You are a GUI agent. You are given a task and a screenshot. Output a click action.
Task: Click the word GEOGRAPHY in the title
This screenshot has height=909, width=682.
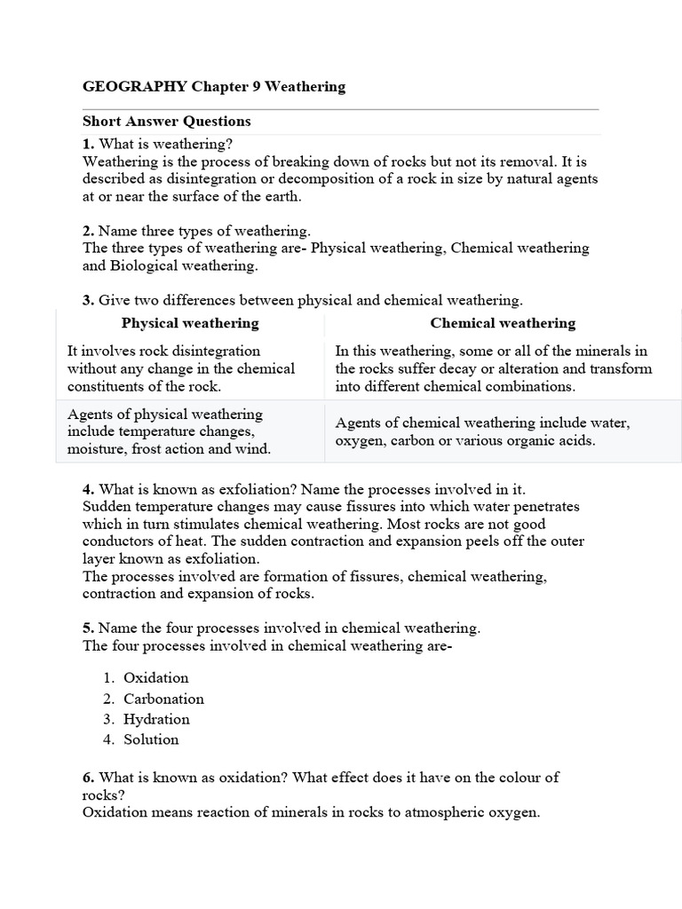click(x=135, y=87)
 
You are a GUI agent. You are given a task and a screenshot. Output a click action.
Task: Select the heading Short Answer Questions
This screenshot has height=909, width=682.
click(x=167, y=122)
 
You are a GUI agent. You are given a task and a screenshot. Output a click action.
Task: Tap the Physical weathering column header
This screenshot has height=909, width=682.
click(x=190, y=323)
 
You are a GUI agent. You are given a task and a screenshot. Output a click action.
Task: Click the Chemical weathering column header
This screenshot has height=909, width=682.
click(x=503, y=323)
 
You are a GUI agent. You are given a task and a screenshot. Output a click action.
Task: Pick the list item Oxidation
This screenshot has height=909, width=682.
click(x=156, y=678)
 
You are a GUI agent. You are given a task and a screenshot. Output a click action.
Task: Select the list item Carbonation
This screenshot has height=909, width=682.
click(x=163, y=699)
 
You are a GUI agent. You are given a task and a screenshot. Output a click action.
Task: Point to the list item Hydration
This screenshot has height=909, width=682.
click(x=156, y=719)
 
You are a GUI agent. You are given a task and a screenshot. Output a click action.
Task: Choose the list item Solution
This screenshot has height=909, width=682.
click(x=151, y=739)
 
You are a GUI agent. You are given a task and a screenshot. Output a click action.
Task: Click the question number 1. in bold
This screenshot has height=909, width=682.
click(x=88, y=144)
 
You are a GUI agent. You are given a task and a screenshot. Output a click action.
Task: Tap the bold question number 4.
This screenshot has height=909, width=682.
click(x=88, y=489)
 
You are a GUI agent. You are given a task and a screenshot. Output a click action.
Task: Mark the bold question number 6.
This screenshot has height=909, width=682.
click(x=88, y=778)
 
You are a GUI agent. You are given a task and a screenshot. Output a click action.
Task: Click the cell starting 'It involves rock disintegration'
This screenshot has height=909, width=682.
click(x=181, y=368)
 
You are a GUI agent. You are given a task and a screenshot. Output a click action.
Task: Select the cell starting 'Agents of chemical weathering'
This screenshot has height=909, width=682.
click(x=482, y=431)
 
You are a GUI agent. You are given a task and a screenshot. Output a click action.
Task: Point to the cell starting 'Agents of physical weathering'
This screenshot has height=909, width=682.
click(x=170, y=431)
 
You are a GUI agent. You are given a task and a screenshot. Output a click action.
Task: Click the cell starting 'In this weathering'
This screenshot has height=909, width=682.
click(x=494, y=368)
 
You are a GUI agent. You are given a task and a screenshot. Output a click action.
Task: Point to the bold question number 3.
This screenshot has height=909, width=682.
click(x=88, y=301)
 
